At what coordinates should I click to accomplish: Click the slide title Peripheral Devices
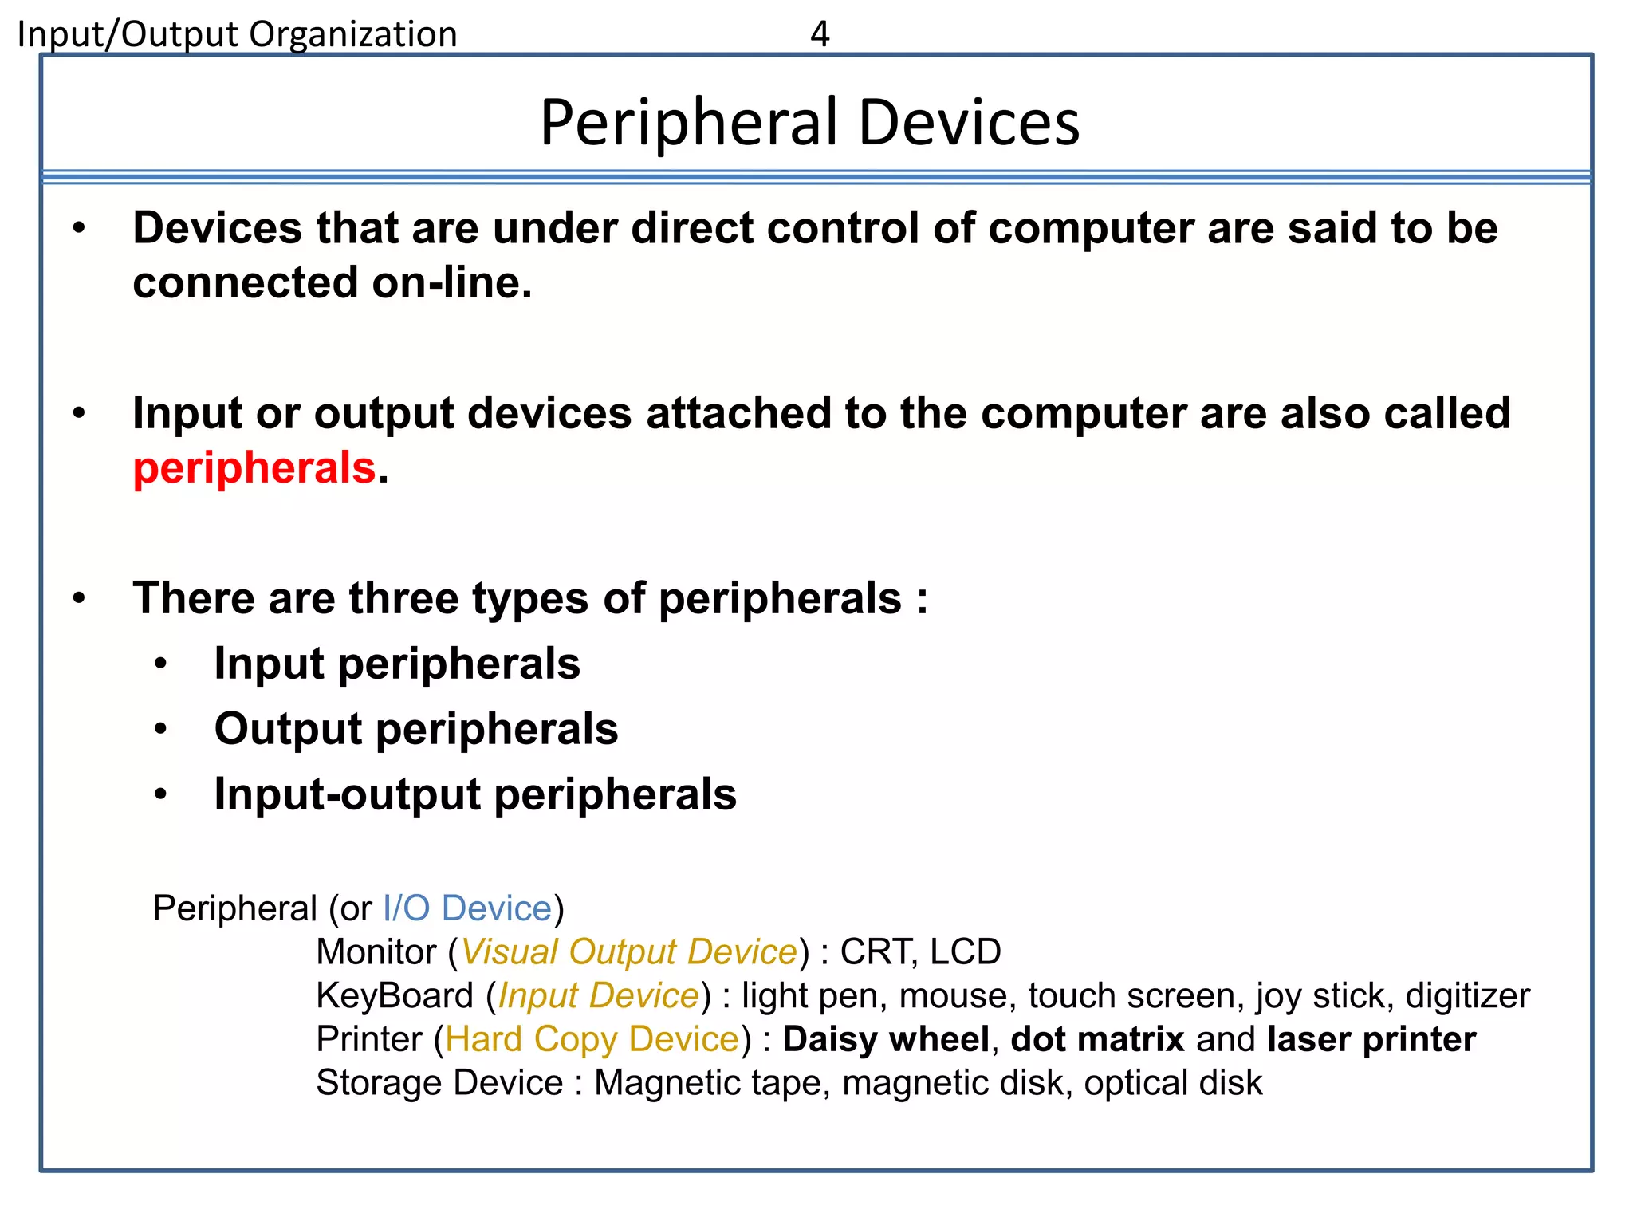[x=809, y=122]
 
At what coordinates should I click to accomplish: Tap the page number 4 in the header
[x=820, y=34]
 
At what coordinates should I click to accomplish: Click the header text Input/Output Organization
[x=237, y=34]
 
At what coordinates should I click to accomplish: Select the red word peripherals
[x=254, y=467]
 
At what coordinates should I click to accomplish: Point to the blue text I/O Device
[x=467, y=908]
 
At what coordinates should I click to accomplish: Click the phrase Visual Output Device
[x=629, y=952]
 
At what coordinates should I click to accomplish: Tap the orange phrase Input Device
[x=599, y=996]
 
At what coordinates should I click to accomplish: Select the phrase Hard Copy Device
[x=592, y=1039]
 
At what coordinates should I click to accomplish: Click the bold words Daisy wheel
[x=885, y=1039]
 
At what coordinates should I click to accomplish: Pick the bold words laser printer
[x=1371, y=1039]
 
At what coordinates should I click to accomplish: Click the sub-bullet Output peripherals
[x=415, y=729]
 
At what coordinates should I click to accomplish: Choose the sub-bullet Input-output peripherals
[x=475, y=794]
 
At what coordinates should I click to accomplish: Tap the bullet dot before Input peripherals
[x=161, y=664]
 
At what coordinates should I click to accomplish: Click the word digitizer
[x=1467, y=996]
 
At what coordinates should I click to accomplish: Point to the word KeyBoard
[x=395, y=996]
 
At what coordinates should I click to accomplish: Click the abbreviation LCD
[x=965, y=952]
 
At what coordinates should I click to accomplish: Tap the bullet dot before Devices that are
[x=78, y=229]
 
